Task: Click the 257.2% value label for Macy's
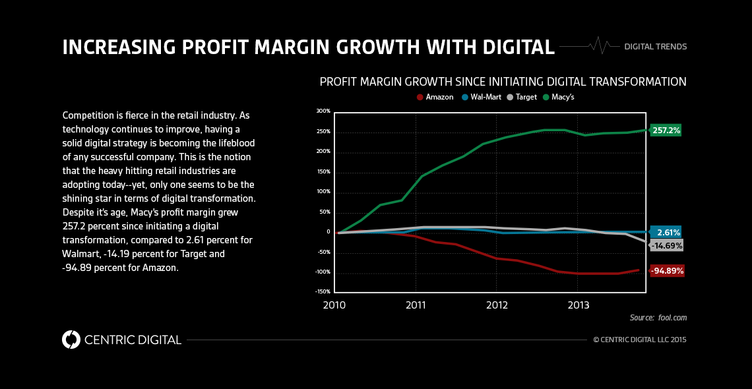click(666, 131)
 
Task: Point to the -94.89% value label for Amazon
click(667, 270)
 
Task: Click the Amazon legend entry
click(435, 97)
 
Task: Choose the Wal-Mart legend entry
click(481, 97)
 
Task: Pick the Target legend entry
click(522, 97)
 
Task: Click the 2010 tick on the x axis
click(334, 305)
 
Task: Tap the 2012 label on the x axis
click(497, 305)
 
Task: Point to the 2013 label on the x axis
click(578, 305)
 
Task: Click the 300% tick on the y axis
click(323, 111)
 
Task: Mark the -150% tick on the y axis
click(323, 291)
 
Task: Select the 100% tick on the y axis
click(323, 191)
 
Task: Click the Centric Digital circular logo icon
click(71, 340)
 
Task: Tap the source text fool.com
click(672, 318)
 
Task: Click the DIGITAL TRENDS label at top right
click(655, 47)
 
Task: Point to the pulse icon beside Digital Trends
click(598, 45)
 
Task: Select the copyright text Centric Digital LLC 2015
click(640, 340)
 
